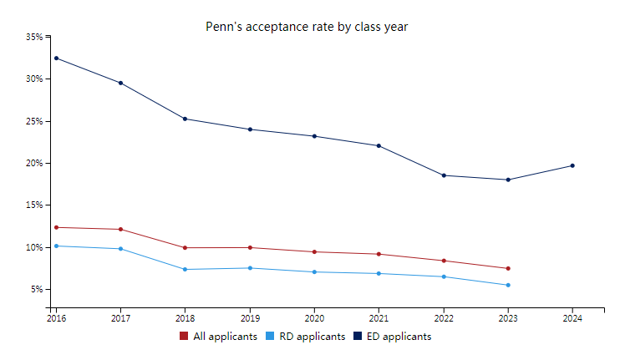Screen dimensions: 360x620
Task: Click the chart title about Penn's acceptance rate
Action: tap(307, 27)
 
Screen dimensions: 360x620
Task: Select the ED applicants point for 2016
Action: tap(56, 58)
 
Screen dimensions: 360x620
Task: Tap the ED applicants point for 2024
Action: tap(572, 165)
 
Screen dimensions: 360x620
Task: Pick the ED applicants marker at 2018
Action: tap(185, 119)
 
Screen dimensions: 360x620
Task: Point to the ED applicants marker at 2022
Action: tap(443, 175)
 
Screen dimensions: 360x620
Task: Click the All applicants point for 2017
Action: tap(120, 229)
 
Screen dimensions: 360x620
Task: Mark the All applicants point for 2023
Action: tap(508, 268)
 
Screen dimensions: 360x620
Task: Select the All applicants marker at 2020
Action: tap(314, 251)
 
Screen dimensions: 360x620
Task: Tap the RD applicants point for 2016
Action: tap(56, 246)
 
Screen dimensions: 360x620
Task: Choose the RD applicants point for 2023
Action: tap(508, 285)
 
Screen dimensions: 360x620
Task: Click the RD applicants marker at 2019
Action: tap(250, 268)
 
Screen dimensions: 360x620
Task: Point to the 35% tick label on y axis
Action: tap(34, 37)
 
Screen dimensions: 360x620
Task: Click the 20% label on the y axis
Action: tap(34, 163)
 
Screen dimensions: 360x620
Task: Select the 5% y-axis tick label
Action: tap(37, 289)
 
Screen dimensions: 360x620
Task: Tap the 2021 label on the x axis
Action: tap(379, 318)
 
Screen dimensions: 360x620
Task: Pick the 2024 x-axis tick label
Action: tap(572, 318)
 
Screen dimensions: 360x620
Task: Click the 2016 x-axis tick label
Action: tap(56, 318)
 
